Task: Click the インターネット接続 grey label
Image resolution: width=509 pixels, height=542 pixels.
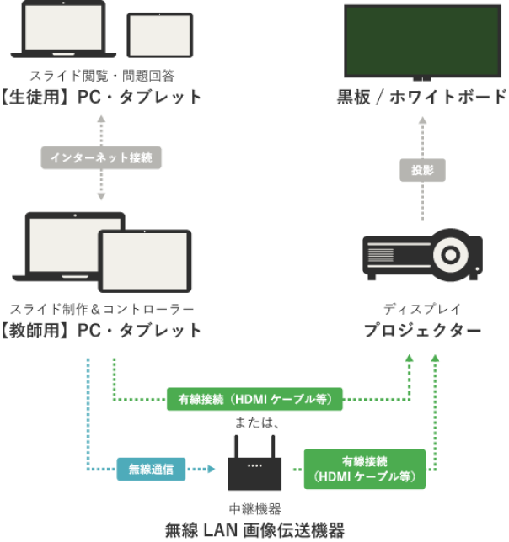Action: [101, 157]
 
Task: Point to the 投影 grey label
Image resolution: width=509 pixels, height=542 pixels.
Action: [421, 170]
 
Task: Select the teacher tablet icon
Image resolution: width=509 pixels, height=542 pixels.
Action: [145, 262]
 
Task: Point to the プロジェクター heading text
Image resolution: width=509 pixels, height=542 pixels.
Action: [422, 331]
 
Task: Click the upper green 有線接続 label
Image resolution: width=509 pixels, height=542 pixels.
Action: [254, 398]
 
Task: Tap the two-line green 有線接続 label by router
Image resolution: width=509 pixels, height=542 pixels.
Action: [365, 470]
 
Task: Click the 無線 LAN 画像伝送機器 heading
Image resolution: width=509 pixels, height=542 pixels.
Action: [255, 530]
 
